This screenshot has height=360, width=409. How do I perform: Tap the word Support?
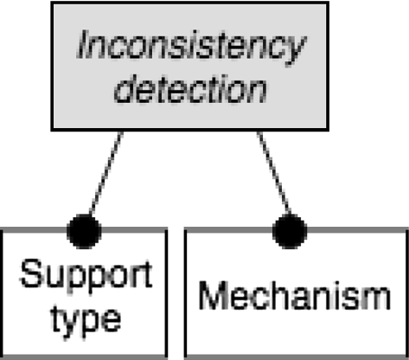coord(85,277)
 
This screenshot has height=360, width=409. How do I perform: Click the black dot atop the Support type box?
coord(84,230)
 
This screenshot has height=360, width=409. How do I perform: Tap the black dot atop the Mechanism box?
coord(290,230)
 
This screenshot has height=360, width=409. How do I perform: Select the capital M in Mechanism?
coord(213,296)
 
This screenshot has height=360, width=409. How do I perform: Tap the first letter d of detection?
coord(125,89)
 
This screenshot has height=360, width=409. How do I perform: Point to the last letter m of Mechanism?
coord(377,299)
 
